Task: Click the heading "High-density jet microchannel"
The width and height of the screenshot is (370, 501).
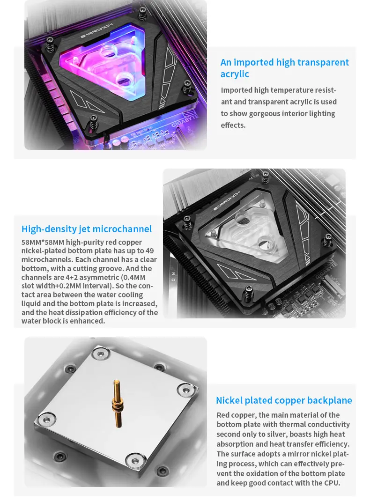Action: [x=87, y=229]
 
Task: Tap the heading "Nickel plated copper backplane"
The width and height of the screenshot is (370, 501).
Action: [x=284, y=400]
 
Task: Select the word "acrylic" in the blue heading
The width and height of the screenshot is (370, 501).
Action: [x=235, y=74]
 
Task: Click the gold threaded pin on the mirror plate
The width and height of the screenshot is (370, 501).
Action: [x=117, y=404]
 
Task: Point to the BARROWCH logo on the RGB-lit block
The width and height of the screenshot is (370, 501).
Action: [x=97, y=30]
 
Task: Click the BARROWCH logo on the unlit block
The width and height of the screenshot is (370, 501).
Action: [x=227, y=201]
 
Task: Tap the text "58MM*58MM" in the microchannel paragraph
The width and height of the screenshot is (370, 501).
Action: [x=43, y=242]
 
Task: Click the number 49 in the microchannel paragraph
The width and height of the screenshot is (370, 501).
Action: [x=149, y=251]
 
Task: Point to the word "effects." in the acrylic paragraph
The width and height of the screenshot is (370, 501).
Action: [x=233, y=125]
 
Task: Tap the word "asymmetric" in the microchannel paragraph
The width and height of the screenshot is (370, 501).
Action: [x=94, y=277]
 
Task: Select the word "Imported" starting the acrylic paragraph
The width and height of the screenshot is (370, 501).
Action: [x=237, y=90]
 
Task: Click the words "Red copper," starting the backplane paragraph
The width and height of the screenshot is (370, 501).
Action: [x=237, y=415]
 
